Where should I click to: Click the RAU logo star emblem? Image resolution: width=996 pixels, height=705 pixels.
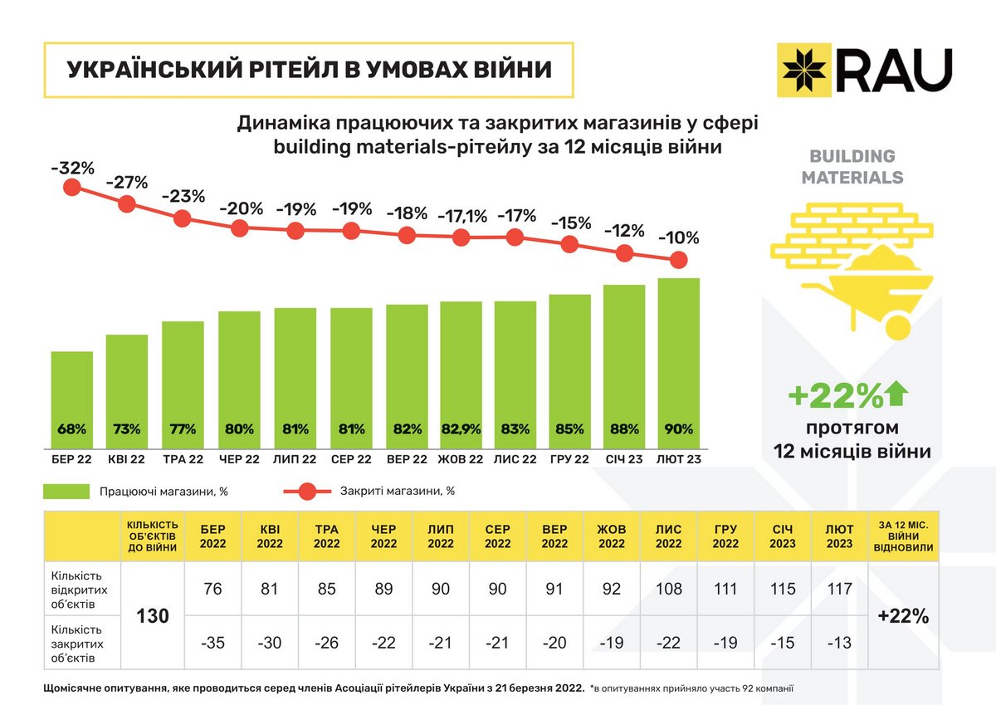[x=806, y=70]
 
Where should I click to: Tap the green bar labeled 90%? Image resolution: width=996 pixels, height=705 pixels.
[x=678, y=365]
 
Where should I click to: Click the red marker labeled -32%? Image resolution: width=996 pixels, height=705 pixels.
[x=71, y=188]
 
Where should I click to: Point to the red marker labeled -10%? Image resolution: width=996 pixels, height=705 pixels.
[x=678, y=260]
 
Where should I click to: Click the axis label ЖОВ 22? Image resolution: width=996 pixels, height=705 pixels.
[x=460, y=458]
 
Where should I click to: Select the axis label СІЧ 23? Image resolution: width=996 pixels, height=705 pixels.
[x=623, y=458]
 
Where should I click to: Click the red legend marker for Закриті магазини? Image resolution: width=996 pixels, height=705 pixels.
[x=306, y=492]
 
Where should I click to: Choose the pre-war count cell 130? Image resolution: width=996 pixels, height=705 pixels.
[x=153, y=616]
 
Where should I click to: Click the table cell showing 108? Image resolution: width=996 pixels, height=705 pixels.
[x=668, y=589]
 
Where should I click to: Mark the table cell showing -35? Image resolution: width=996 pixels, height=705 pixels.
[x=212, y=643]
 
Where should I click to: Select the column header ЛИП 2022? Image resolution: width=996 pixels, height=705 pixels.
[x=440, y=536]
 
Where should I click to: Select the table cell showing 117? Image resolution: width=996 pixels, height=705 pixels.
[x=839, y=589]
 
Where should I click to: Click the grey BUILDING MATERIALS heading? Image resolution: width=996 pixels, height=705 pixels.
[x=852, y=166]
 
